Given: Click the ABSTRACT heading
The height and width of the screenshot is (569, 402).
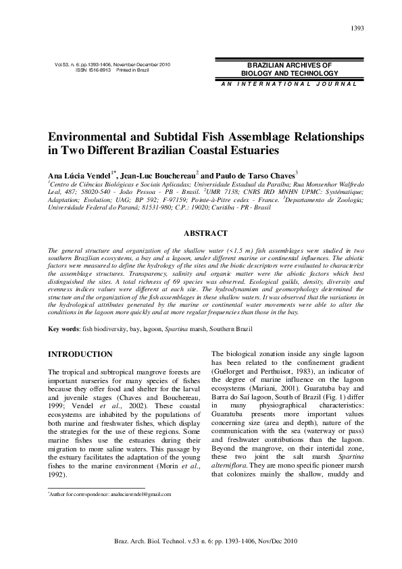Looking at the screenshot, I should coord(205,234).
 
